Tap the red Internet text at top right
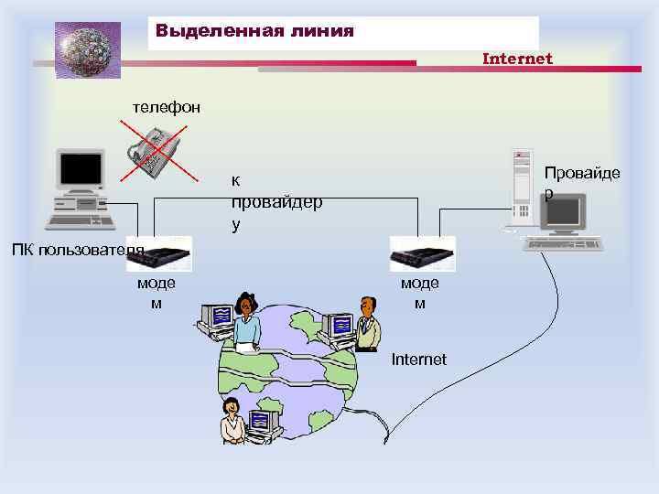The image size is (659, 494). click(517, 59)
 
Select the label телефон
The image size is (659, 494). click(166, 107)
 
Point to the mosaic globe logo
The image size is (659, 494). click(88, 49)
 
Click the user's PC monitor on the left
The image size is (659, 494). click(80, 170)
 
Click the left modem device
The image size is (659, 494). click(164, 252)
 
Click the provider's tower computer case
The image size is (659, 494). click(522, 188)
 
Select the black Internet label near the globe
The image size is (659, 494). click(418, 360)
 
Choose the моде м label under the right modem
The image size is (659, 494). click(419, 293)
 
